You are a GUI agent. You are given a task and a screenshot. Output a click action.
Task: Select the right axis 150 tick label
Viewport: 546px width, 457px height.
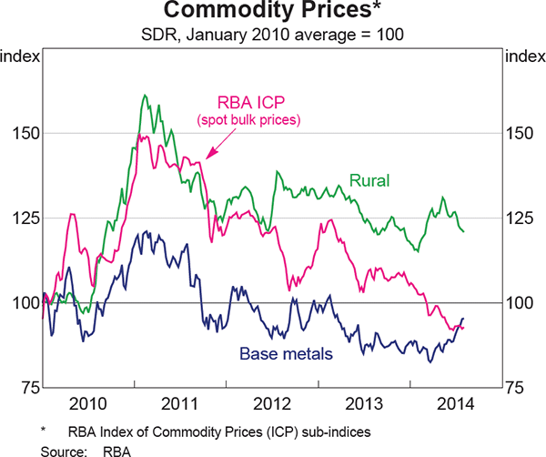[x=522, y=133]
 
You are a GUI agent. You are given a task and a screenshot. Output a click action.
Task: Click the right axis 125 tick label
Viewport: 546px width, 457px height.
[x=522, y=218]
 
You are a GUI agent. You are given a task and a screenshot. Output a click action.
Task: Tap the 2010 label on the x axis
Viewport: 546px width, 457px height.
[x=90, y=402]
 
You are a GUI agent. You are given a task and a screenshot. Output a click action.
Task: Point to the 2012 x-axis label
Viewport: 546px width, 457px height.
[x=274, y=402]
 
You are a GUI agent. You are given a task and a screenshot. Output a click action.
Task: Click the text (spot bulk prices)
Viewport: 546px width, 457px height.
[x=249, y=120]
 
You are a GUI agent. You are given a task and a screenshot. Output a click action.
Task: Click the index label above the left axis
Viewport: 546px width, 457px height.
[x=21, y=57]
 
